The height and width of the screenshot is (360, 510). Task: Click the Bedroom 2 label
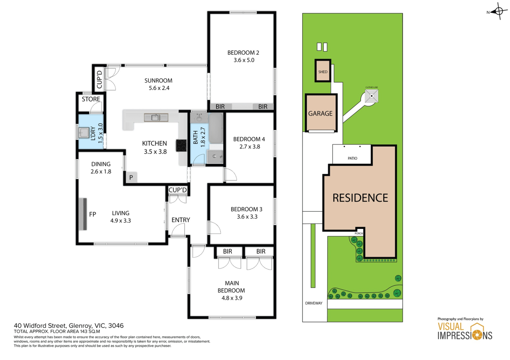click(x=243, y=52)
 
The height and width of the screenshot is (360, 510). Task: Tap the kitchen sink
click(x=156, y=118)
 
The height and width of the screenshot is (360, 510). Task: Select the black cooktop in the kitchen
click(x=181, y=145)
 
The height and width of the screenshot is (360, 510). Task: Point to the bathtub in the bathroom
click(x=216, y=128)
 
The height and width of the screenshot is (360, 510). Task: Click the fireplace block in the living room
click(x=83, y=214)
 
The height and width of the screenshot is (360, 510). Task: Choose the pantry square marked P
click(x=131, y=177)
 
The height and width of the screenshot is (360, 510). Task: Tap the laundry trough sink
click(x=83, y=132)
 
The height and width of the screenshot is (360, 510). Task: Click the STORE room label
click(x=91, y=99)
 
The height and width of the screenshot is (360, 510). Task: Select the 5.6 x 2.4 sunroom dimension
click(x=159, y=88)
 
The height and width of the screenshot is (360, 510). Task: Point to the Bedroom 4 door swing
click(x=230, y=174)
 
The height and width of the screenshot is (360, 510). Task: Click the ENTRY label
click(x=181, y=220)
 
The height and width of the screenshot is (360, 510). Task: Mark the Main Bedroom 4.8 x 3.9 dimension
click(x=232, y=298)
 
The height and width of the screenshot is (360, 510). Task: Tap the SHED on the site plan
click(x=323, y=71)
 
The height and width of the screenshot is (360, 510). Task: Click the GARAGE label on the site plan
click(x=320, y=113)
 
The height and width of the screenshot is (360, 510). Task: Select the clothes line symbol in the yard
click(x=372, y=96)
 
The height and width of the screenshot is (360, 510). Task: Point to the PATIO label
click(x=353, y=158)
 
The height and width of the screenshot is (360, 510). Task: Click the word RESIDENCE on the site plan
click(x=360, y=198)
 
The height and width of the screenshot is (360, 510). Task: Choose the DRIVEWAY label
click(x=314, y=303)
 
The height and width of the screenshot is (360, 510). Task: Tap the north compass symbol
click(x=499, y=11)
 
